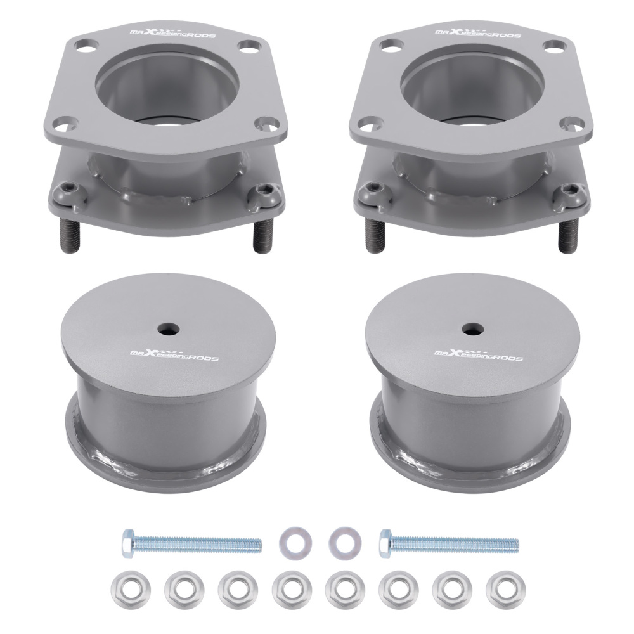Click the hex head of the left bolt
pyautogui.click(x=127, y=543)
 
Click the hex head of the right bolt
pyautogui.click(x=385, y=543)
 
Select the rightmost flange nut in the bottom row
pyautogui.click(x=498, y=588)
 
